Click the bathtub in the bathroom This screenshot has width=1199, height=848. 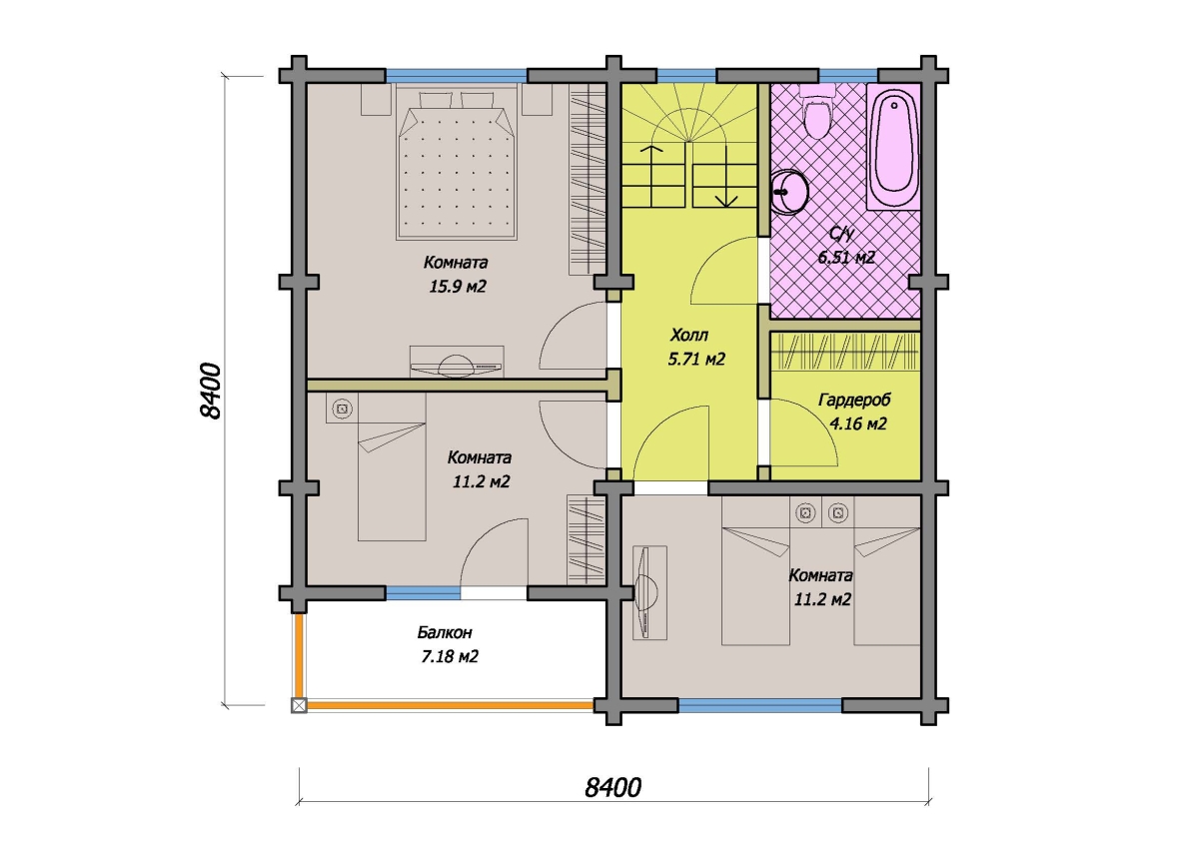click(x=893, y=146)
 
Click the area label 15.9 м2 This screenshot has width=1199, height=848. click(x=458, y=287)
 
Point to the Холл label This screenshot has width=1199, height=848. click(x=689, y=335)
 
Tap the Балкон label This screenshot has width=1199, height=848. click(x=445, y=632)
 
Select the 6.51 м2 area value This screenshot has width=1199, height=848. click(x=846, y=258)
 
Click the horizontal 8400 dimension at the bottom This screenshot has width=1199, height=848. click(x=612, y=787)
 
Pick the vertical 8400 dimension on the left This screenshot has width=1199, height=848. click(x=211, y=391)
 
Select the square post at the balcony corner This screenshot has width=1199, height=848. click(x=299, y=706)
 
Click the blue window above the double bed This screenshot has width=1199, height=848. click(x=457, y=76)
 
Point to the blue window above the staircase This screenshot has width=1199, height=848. click(x=686, y=76)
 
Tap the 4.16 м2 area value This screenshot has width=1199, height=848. click(x=858, y=424)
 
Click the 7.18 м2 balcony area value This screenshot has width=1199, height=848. click(x=450, y=656)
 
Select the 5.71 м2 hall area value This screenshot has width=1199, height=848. click(x=696, y=359)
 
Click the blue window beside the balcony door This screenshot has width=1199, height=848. click(x=423, y=592)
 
